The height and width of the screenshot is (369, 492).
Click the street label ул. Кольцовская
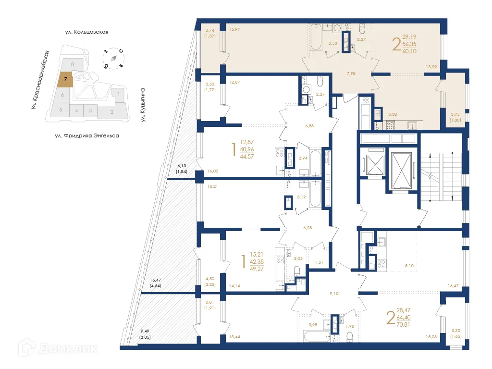86,32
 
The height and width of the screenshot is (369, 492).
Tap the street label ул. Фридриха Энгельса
86,136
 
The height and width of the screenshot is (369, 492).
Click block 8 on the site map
72,64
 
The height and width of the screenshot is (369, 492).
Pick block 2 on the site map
111,112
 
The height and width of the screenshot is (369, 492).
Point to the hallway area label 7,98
351,74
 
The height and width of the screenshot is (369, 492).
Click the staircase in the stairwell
441,175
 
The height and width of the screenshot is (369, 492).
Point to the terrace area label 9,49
145,332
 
